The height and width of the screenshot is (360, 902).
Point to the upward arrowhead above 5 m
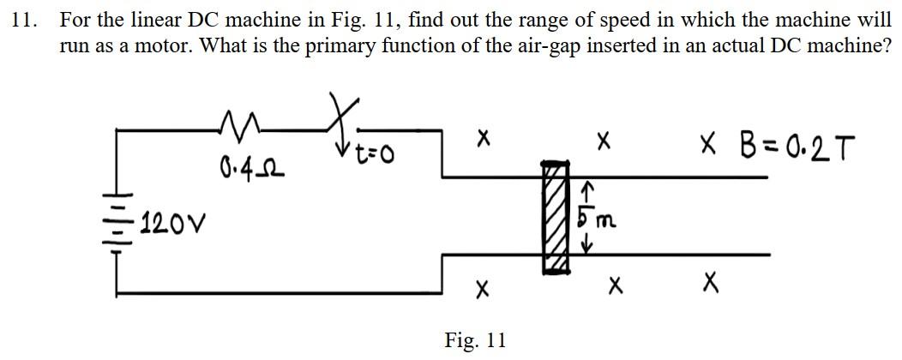pyautogui.click(x=589, y=185)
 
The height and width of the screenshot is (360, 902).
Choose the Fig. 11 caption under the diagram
pyautogui.click(x=475, y=340)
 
